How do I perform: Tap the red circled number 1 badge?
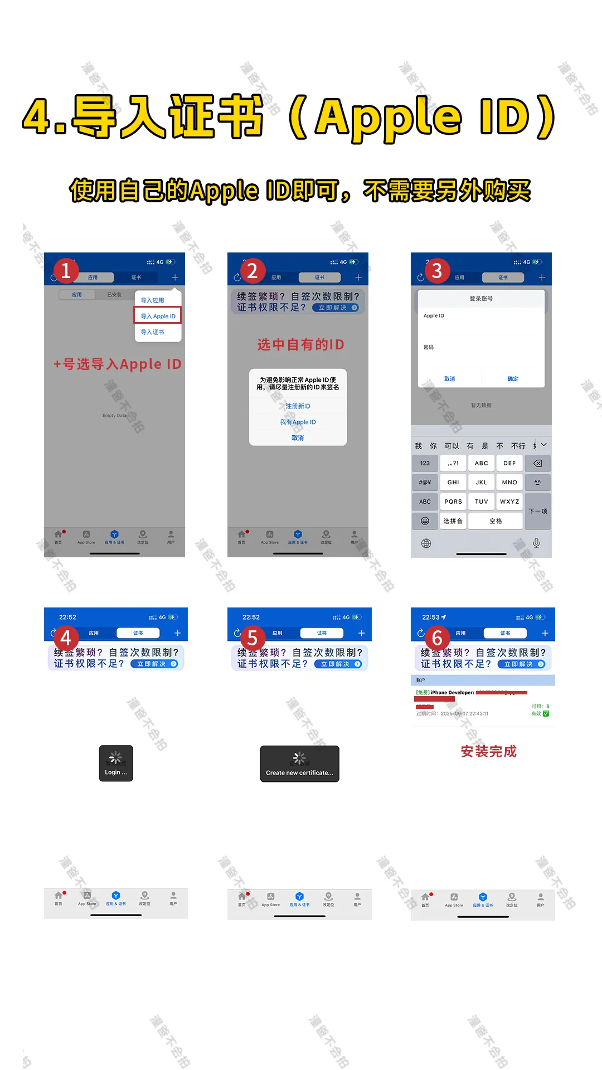66,270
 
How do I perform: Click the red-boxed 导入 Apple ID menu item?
158,316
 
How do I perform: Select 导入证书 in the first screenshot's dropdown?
152,332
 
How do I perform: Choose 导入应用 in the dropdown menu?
152,300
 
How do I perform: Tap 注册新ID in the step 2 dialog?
298,406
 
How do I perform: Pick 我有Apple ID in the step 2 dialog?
298,422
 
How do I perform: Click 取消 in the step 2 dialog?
298,438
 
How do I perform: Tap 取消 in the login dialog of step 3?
449,379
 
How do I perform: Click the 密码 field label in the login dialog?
429,347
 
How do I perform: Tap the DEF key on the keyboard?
509,463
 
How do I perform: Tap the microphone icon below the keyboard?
536,543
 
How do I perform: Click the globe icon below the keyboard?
426,543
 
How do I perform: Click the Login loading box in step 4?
116,763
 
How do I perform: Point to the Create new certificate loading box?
299,764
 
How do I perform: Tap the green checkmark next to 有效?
546,713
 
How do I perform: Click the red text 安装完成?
489,752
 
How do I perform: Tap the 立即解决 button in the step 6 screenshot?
524,664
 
